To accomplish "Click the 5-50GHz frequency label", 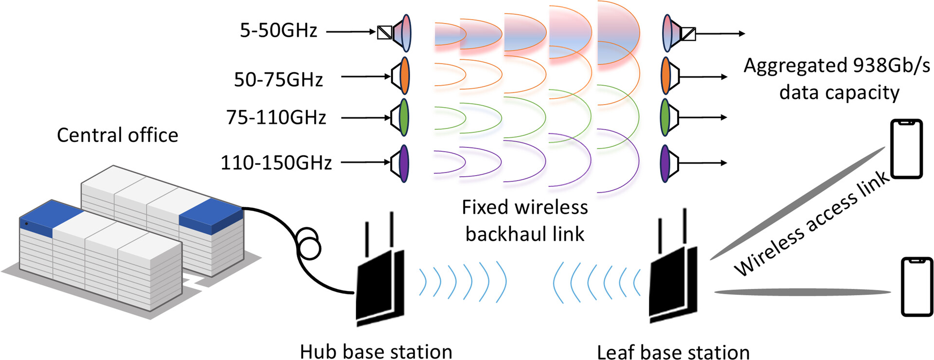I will pyautogui.click(x=278, y=31).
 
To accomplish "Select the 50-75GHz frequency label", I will pyautogui.click(x=278, y=80).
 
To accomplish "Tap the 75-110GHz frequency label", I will pyautogui.click(x=276, y=118).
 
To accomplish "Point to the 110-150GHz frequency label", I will pyautogui.click(x=276, y=162).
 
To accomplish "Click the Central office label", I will pyautogui.click(x=117, y=135).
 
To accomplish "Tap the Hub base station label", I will pyautogui.click(x=376, y=351).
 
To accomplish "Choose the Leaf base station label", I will pyautogui.click(x=673, y=352).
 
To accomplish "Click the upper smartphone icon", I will pyautogui.click(x=906, y=149).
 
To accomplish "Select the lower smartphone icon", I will pyautogui.click(x=917, y=287).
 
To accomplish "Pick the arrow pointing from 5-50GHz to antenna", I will pyautogui.click(x=350, y=32).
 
